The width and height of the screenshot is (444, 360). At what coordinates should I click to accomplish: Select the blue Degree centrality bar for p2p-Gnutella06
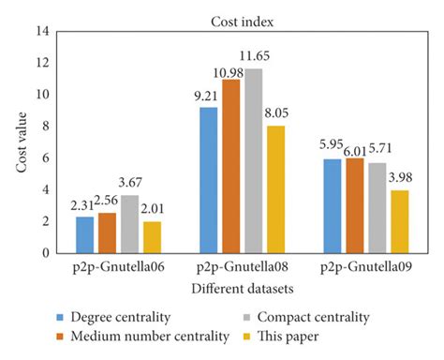coord(85,234)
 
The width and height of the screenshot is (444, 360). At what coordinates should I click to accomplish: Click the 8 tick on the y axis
coord(42,126)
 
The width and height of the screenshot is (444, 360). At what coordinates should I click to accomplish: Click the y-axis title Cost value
coord(16,142)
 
